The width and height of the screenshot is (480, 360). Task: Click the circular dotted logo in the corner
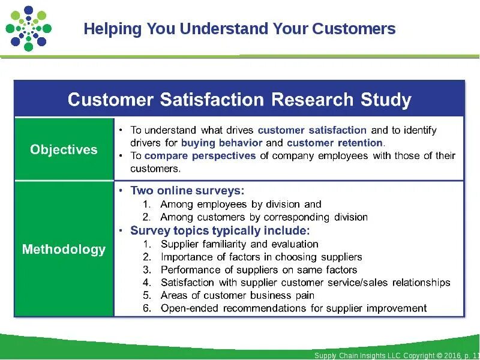(28, 28)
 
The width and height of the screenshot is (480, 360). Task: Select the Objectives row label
(64, 149)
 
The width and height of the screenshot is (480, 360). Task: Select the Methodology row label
(64, 249)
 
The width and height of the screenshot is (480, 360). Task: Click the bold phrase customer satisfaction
(312, 130)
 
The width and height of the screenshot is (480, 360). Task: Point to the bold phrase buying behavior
(222, 143)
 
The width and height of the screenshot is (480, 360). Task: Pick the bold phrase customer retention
(335, 143)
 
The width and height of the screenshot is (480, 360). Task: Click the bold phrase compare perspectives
(200, 156)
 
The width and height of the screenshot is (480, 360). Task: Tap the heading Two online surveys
(187, 191)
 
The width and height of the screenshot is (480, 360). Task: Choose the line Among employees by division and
(241, 205)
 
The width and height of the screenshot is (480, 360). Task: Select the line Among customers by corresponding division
(264, 217)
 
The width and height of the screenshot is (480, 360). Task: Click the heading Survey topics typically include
(220, 230)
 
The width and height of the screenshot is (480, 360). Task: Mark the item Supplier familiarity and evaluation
(239, 244)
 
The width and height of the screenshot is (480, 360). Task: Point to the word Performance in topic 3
(188, 270)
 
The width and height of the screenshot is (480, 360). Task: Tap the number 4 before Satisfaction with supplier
(146, 283)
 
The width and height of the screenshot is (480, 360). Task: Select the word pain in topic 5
(304, 295)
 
